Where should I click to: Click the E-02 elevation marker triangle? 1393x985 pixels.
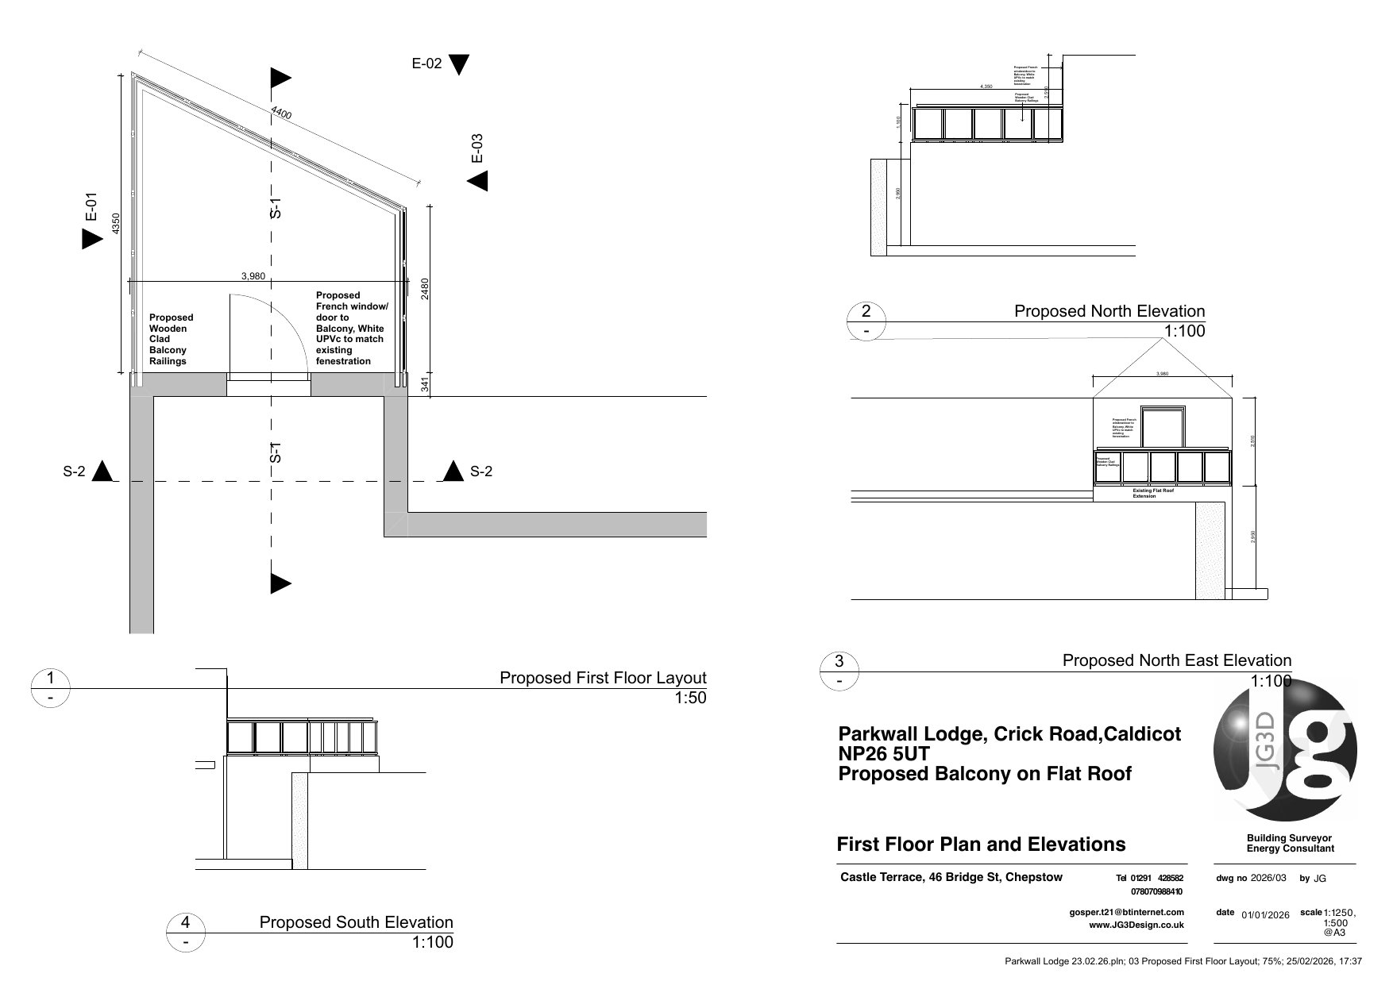459,64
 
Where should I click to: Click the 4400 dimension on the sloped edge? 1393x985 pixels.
281,113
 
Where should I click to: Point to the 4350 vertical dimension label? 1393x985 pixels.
116,224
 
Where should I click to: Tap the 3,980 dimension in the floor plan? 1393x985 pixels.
253,276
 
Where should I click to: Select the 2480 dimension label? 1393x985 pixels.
424,288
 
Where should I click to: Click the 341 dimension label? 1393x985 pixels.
424,385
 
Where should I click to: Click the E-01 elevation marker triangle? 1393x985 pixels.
92,238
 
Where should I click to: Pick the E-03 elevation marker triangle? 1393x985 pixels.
478,181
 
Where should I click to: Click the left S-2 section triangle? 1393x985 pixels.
102,471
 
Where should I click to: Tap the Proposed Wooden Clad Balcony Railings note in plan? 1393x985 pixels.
171,339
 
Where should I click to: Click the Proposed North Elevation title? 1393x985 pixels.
1109,311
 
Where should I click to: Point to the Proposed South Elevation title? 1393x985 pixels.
356,922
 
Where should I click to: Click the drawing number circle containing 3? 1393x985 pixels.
840,661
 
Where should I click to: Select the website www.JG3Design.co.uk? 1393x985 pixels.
1136,925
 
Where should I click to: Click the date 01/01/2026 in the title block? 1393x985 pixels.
1265,914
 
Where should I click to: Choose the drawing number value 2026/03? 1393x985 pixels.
1268,879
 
